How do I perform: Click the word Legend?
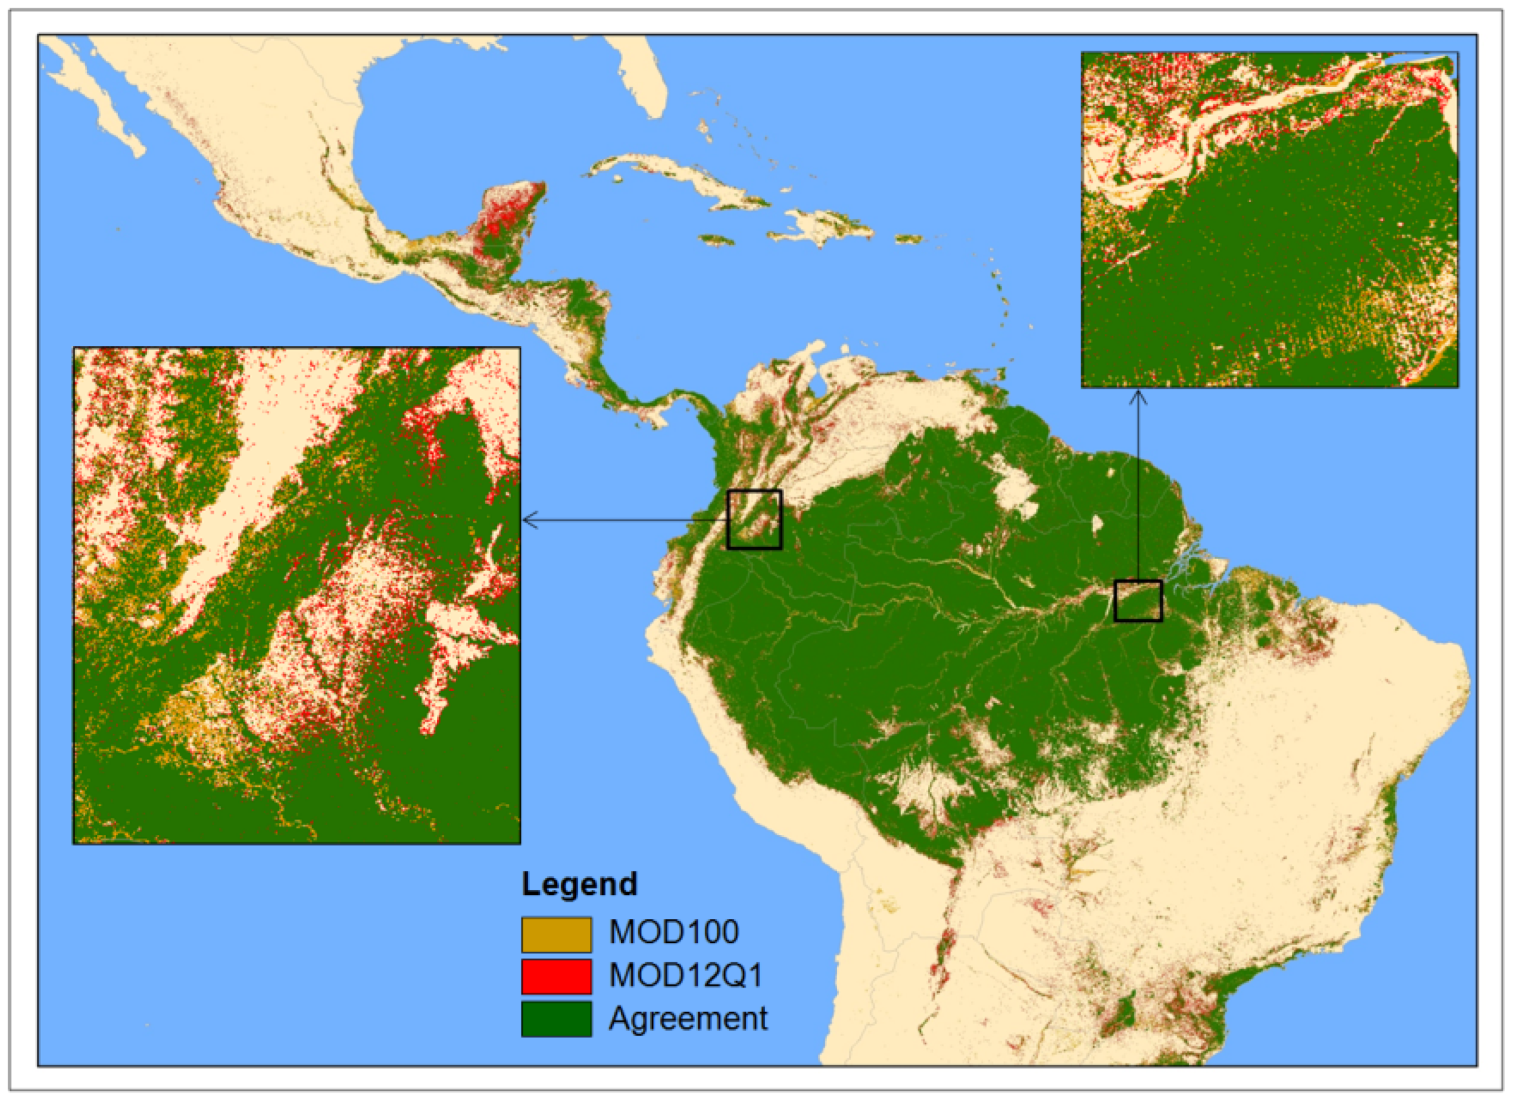pyautogui.click(x=579, y=884)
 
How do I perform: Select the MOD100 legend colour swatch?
pyautogui.click(x=556, y=934)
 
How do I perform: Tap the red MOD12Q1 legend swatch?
pyautogui.click(x=556, y=976)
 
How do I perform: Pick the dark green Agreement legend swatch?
pyautogui.click(x=556, y=1019)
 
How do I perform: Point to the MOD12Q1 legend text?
pyautogui.click(x=686, y=976)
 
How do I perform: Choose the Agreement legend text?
pyautogui.click(x=688, y=1019)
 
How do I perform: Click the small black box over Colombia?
pyautogui.click(x=754, y=520)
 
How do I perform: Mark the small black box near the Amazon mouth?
pyautogui.click(x=1137, y=601)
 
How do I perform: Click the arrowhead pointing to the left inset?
pyautogui.click(x=528, y=520)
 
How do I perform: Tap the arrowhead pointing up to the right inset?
pyautogui.click(x=1138, y=396)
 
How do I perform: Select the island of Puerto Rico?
pyautogui.click(x=908, y=238)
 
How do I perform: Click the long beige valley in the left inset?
pyautogui.click(x=254, y=482)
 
